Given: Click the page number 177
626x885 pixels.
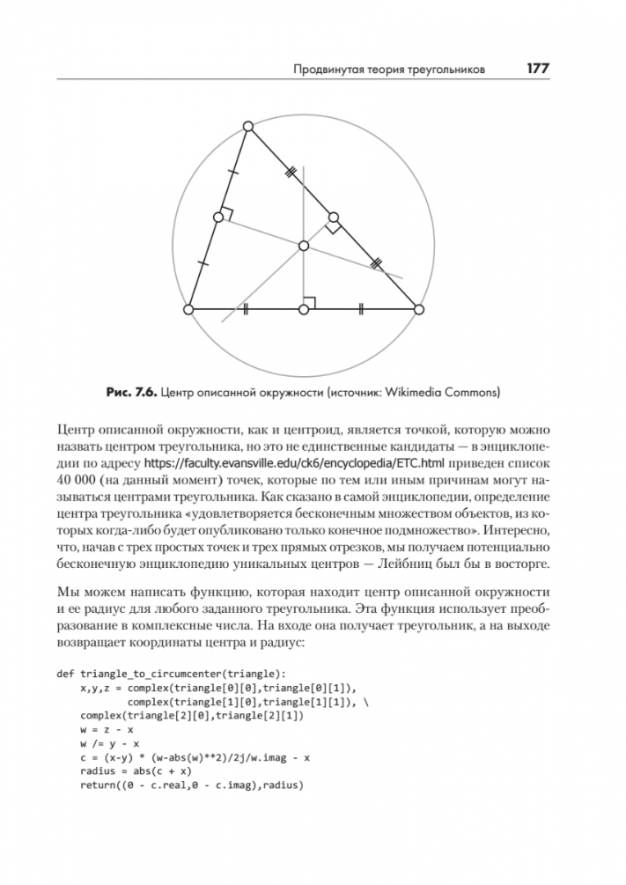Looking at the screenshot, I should pyautogui.click(x=538, y=70).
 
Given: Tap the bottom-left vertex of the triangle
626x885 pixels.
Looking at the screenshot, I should pyautogui.click(x=188, y=310).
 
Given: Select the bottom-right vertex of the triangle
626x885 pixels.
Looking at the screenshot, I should pyautogui.click(x=419, y=310).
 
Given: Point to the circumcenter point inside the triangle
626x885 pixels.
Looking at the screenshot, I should pyautogui.click(x=303, y=245).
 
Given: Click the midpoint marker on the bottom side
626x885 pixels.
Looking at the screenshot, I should pyautogui.click(x=304, y=310).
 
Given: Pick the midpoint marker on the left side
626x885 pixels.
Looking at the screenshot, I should pyautogui.click(x=218, y=217).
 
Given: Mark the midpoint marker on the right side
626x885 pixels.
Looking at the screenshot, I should pyautogui.click(x=333, y=218).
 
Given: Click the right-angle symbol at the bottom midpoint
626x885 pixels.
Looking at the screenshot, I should pyautogui.click(x=311, y=302).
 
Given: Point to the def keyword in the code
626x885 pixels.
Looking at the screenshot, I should pyautogui.click(x=66, y=674).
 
